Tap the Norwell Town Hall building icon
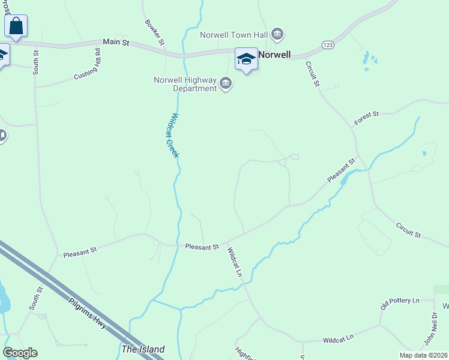277,34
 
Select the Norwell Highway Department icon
226,83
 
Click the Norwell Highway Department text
185,84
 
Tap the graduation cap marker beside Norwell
246,59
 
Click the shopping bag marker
16,26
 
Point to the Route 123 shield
328,45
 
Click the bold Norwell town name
275,55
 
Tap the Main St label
116,42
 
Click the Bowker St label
155,32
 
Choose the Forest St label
367,118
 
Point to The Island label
143,349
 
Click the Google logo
20,353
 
